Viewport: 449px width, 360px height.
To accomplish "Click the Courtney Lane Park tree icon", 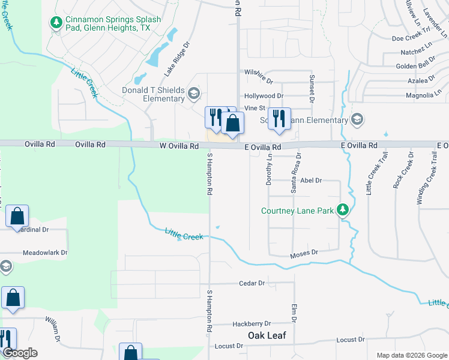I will [342, 210].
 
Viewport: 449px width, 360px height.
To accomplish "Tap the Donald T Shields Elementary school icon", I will [193, 93].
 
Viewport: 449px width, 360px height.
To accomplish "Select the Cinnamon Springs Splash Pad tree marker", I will [56, 23].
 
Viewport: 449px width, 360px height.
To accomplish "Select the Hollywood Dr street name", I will [264, 96].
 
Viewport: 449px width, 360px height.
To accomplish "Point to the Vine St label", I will [255, 108].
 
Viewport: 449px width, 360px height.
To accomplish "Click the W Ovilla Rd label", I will [179, 146].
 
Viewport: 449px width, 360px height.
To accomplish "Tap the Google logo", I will [20, 353].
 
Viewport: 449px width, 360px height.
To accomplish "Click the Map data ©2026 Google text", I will [412, 355].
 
